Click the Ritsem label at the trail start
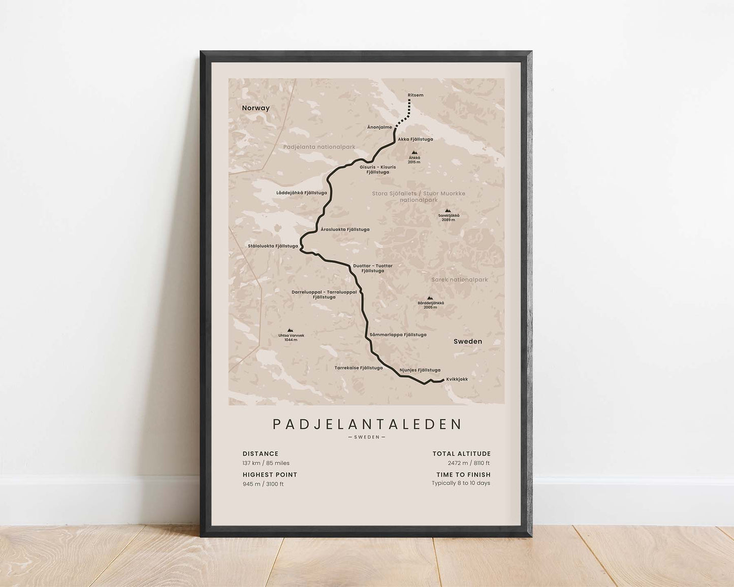click(415, 95)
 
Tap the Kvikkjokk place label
click(457, 379)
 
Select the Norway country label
click(256, 108)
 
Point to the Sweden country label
click(467, 341)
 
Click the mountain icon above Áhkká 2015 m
click(414, 152)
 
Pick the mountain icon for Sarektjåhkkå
click(448, 210)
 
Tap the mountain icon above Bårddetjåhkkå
click(430, 298)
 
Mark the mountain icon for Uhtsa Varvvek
click(291, 330)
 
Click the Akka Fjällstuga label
click(415, 139)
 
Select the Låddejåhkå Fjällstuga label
click(301, 193)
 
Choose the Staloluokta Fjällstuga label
click(273, 246)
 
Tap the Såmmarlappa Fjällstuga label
click(398, 335)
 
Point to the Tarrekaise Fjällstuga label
click(358, 368)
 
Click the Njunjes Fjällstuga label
click(420, 370)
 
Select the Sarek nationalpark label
click(459, 280)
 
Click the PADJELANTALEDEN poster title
click(367, 425)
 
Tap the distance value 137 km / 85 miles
click(266, 463)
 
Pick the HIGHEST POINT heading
click(270, 475)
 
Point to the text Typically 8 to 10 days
click(461, 483)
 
